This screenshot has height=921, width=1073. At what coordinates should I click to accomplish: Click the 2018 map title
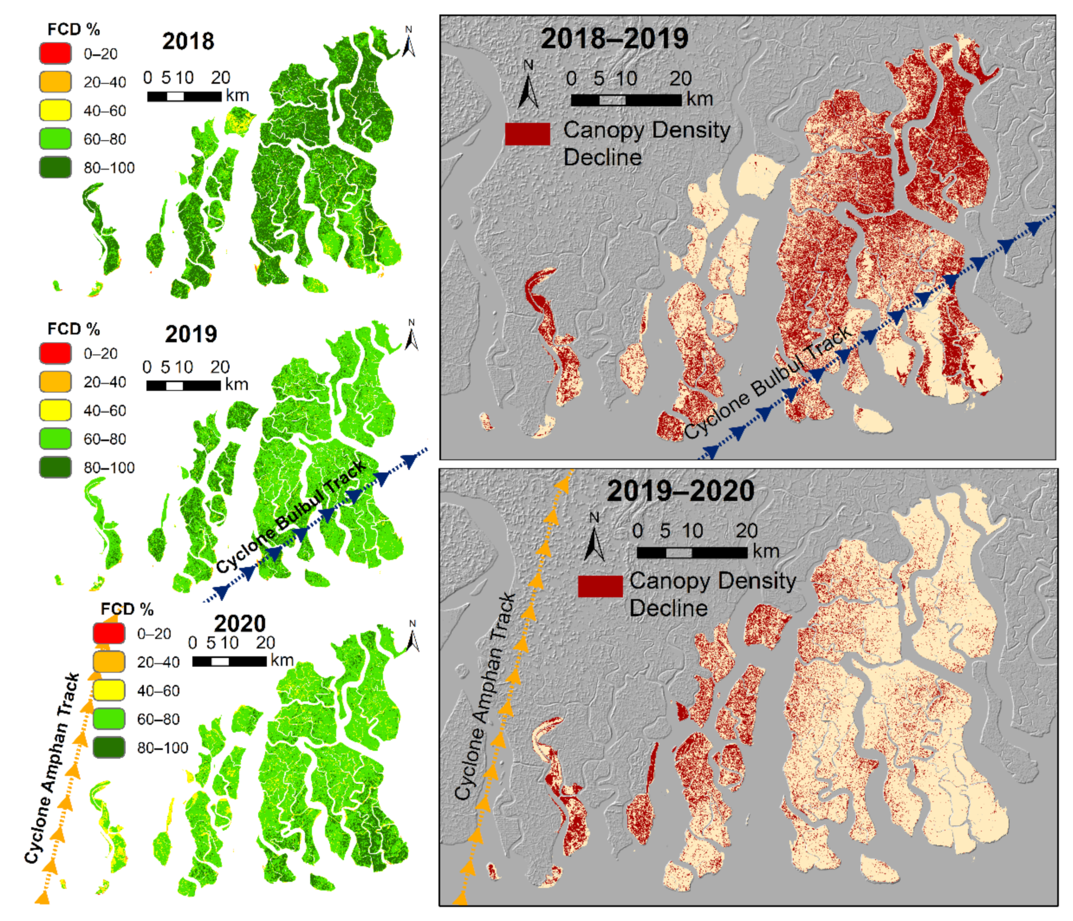click(x=188, y=41)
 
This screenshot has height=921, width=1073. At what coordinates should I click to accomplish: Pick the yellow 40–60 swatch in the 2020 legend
click(x=109, y=691)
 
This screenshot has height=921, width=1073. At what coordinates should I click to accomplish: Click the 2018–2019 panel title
click(x=614, y=38)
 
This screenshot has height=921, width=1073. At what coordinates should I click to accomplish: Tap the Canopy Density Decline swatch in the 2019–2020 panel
click(x=600, y=586)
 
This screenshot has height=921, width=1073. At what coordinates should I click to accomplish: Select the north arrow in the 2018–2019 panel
click(x=528, y=85)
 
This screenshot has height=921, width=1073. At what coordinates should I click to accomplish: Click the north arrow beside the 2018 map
click(x=409, y=41)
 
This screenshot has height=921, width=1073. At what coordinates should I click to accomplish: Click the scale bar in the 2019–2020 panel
click(x=692, y=553)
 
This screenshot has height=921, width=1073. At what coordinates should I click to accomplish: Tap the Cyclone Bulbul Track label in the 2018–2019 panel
click(x=768, y=384)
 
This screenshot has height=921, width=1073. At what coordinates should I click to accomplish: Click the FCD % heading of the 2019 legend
click(x=73, y=329)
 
